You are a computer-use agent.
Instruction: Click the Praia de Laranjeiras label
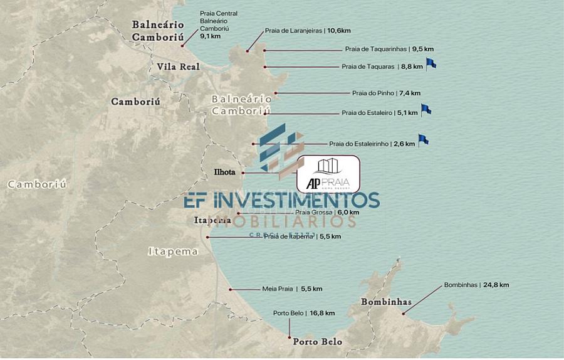(x=293, y=30)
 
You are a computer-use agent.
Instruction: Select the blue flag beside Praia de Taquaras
(x=431, y=63)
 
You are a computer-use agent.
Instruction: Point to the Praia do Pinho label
(x=373, y=93)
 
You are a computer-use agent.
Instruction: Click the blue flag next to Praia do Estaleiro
(x=426, y=110)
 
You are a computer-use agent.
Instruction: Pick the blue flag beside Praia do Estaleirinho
(x=423, y=140)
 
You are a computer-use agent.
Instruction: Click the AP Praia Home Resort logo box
(x=328, y=174)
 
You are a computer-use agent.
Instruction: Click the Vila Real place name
(x=179, y=66)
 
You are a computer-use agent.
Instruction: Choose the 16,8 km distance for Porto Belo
(x=322, y=313)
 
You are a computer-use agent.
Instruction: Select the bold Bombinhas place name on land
(x=386, y=302)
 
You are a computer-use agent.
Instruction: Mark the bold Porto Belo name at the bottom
(x=318, y=342)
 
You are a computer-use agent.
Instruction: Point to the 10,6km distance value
(x=339, y=30)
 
